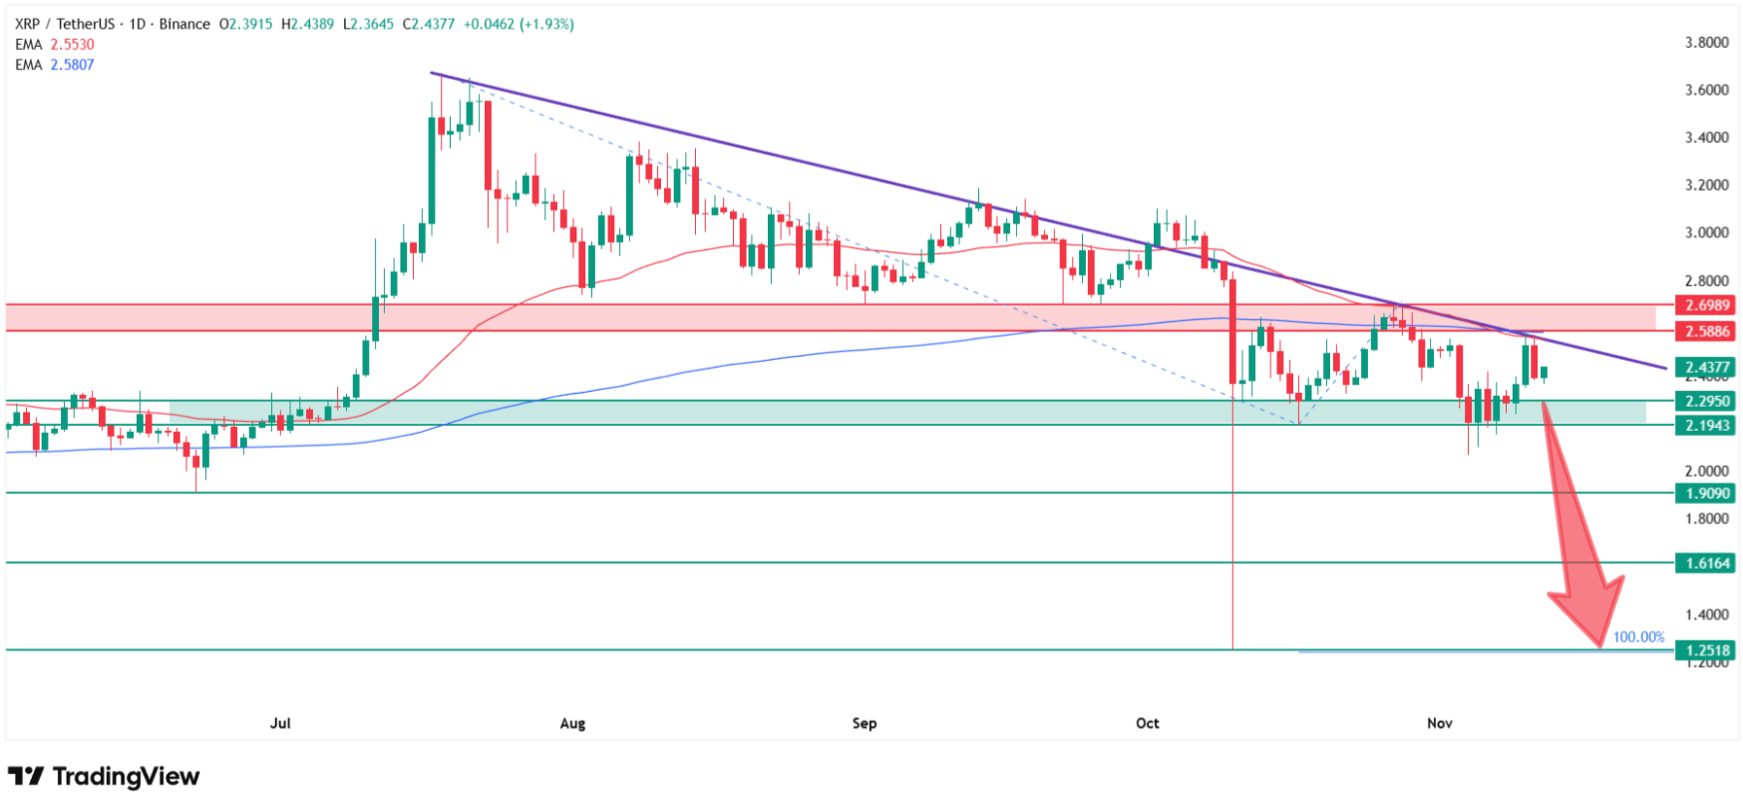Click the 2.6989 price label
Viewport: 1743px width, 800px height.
(1706, 305)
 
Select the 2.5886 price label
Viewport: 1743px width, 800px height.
(1706, 331)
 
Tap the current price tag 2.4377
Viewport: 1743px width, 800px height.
(1706, 367)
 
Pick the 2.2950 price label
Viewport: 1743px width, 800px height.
(1706, 401)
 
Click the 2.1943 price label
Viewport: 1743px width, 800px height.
(1706, 425)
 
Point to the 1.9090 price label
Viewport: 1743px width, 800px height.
(1706, 493)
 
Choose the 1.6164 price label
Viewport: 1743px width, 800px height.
(1706, 563)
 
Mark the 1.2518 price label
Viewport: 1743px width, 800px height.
(1706, 650)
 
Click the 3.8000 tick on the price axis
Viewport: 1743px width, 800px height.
(1706, 42)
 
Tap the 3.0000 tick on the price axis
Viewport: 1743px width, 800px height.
(1706, 232)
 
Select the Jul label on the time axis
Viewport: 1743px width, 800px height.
(280, 722)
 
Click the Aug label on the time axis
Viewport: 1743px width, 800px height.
(572, 722)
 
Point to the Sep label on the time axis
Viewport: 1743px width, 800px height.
(865, 722)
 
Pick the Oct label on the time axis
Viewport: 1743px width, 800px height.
(1148, 722)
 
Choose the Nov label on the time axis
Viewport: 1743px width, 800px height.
(1439, 722)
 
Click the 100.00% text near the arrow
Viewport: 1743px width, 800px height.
(1638, 636)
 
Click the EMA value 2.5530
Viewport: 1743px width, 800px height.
(72, 45)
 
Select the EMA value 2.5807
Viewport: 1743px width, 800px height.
(72, 65)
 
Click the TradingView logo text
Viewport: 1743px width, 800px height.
(126, 776)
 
